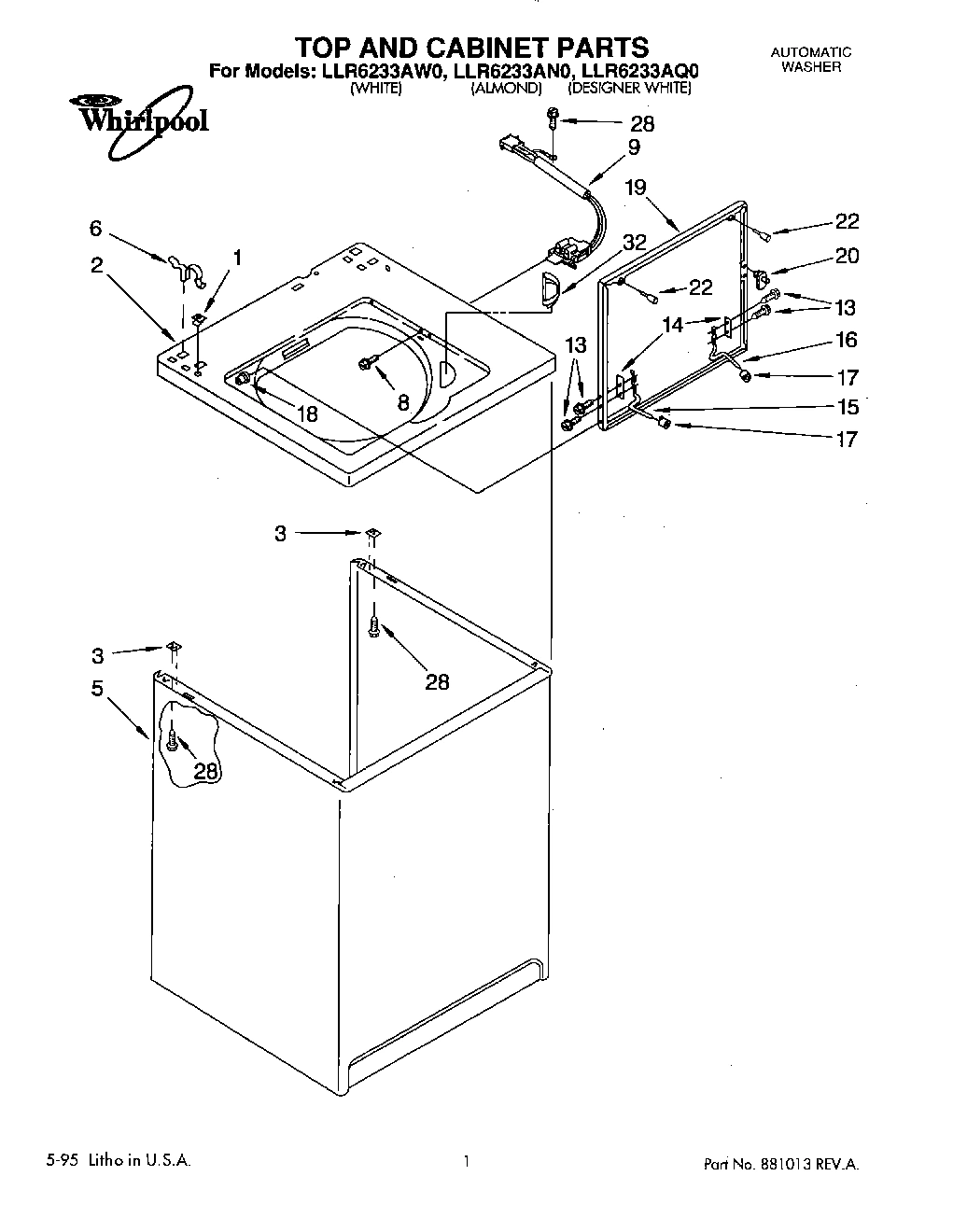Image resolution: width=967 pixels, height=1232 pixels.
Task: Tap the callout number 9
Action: pyautogui.click(x=634, y=147)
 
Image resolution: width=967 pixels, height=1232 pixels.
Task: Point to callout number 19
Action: pyautogui.click(x=635, y=188)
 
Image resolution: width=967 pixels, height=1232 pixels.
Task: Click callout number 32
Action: pyautogui.click(x=634, y=242)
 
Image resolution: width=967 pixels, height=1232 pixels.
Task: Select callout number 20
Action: pyautogui.click(x=846, y=256)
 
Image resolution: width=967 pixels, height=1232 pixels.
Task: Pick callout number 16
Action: pyautogui.click(x=846, y=340)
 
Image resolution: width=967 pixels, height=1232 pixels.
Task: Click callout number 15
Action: pyautogui.click(x=846, y=407)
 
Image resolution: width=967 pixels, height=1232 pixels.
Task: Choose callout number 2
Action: pyautogui.click(x=96, y=264)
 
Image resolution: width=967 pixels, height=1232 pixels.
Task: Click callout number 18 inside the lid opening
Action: pyautogui.click(x=306, y=413)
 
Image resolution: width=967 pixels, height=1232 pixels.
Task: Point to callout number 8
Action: pyautogui.click(x=403, y=402)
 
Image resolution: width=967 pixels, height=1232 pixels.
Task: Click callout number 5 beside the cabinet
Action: pyautogui.click(x=96, y=689)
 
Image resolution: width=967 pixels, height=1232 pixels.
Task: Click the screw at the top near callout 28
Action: pyautogui.click(x=553, y=119)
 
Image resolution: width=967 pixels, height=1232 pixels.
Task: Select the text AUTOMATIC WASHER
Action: pyautogui.click(x=810, y=60)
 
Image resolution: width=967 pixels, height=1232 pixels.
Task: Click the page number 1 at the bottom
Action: pyautogui.click(x=464, y=1162)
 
